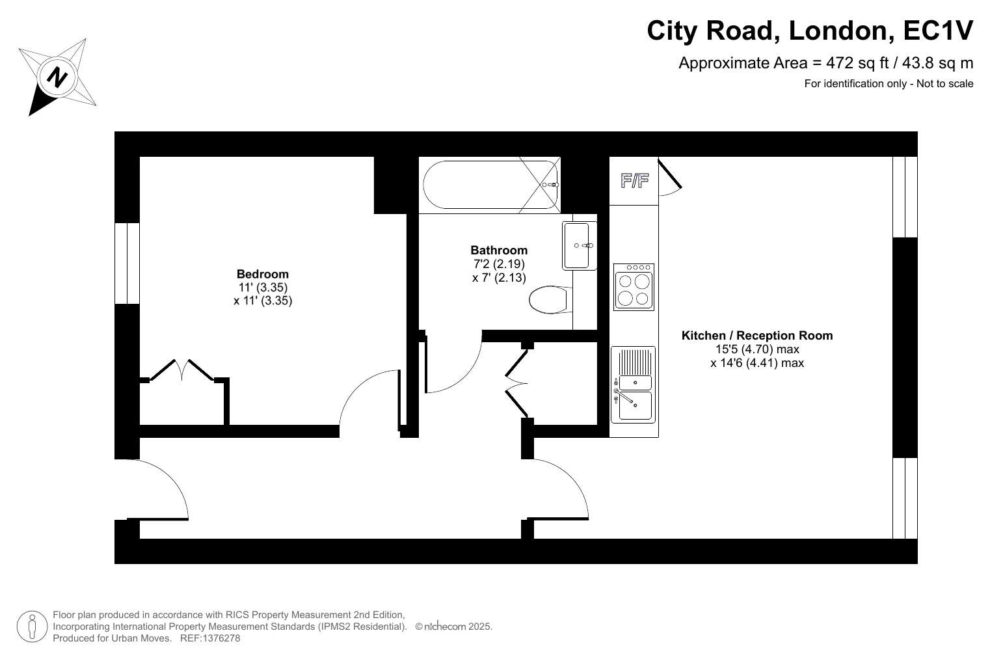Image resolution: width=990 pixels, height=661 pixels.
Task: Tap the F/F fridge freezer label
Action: [635, 180]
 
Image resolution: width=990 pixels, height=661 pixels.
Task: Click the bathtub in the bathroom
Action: [490, 184]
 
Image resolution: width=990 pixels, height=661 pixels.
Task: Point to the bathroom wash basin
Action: [579, 245]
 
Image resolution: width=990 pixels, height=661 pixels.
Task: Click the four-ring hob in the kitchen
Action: [634, 287]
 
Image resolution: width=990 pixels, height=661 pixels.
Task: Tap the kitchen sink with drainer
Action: [634, 384]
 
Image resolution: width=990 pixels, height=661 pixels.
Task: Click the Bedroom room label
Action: [263, 274]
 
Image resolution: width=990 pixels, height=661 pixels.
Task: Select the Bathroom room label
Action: [499, 250]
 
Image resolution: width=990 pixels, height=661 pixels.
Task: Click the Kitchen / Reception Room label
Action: [757, 336]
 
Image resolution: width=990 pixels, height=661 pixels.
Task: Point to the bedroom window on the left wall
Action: [127, 263]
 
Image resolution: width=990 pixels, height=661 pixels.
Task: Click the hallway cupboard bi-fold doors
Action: [516, 383]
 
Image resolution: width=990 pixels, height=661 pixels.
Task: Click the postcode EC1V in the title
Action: [939, 31]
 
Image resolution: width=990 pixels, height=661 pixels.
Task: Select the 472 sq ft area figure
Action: [857, 63]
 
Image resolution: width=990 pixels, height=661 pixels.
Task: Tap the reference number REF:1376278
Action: [210, 638]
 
